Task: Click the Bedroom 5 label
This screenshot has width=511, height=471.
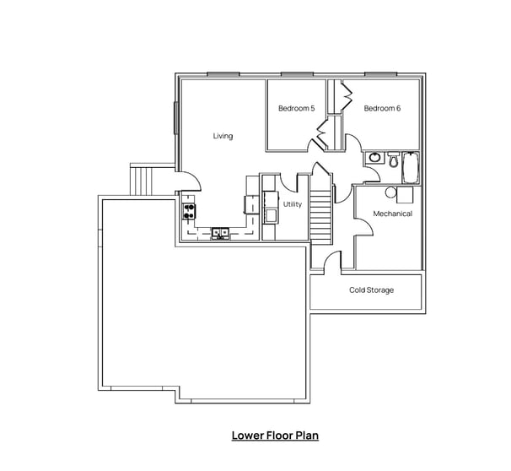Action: pos(296,108)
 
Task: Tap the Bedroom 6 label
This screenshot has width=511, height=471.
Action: pos(382,108)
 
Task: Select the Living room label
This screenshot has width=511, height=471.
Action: pos(223,136)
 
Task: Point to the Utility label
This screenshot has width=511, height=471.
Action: pos(293,204)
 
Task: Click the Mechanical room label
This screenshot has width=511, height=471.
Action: pos(392,214)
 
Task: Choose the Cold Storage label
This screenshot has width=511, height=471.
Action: pos(371,290)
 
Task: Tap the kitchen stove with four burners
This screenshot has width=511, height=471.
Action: pos(189,212)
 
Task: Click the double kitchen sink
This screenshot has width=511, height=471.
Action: pos(221,232)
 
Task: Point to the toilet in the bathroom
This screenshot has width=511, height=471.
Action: pos(392,160)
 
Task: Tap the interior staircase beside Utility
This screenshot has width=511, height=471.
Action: pos(320,215)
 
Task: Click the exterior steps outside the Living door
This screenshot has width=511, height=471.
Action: pos(141,179)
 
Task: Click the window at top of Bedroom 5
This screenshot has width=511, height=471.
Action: pos(295,74)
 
